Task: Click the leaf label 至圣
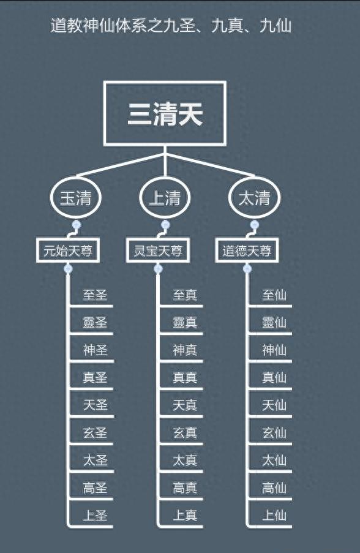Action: pyautogui.click(x=95, y=295)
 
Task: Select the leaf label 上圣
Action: pyautogui.click(x=95, y=515)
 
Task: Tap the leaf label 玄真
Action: pyautogui.click(x=185, y=433)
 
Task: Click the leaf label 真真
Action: pyautogui.click(x=185, y=377)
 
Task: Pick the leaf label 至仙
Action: pyautogui.click(x=274, y=295)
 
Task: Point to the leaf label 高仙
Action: pyautogui.click(x=274, y=487)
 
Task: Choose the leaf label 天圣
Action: pyautogui.click(x=95, y=405)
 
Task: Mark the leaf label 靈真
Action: pyautogui.click(x=185, y=322)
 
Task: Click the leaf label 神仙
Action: pyautogui.click(x=274, y=350)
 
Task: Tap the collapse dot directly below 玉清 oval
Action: pyautogui.click(x=76, y=225)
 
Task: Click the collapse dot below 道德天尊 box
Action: pyautogui.click(x=247, y=269)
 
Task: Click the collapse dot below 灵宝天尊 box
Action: pyautogui.click(x=158, y=269)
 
